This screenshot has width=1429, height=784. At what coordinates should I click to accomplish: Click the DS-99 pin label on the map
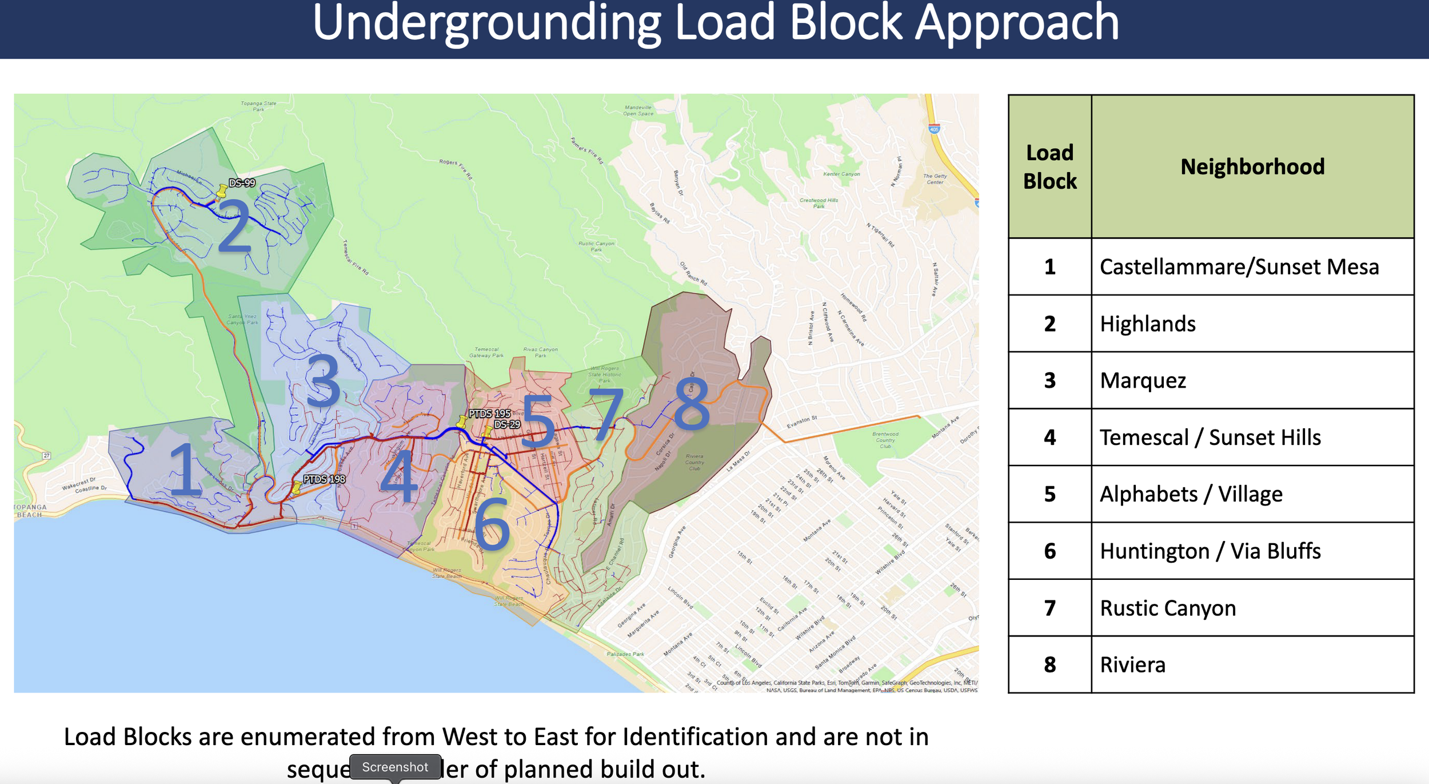coord(242,183)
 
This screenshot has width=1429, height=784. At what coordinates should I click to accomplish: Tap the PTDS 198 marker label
coord(324,479)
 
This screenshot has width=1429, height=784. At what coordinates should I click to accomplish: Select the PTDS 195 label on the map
coord(489,413)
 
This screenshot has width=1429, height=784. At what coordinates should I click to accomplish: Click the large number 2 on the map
coord(234,226)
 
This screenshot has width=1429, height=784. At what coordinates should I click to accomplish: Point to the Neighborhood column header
coord(1252,167)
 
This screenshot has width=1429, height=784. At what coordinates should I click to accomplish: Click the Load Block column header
coord(1049,167)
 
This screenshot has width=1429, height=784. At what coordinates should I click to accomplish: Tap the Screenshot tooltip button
coord(395,767)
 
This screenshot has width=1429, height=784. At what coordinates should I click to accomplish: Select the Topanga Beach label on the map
coord(30,511)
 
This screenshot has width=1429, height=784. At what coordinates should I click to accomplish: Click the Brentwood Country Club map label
coord(885,440)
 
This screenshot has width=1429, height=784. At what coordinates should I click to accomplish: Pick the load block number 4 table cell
coord(1049,437)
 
